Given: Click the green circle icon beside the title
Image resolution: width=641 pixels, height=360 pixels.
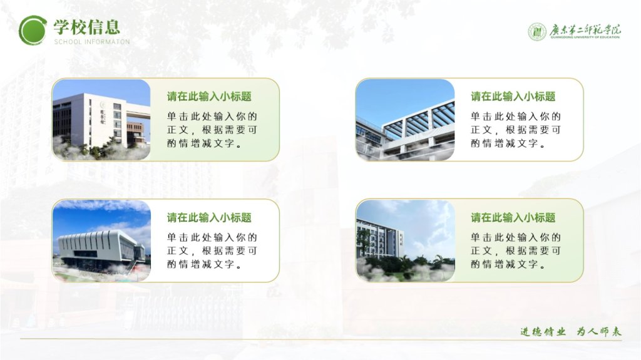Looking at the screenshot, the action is (x=33, y=30).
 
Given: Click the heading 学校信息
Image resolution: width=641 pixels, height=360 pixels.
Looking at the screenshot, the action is (x=86, y=27).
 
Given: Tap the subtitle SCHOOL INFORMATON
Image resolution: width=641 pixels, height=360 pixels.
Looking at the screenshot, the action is (x=92, y=42).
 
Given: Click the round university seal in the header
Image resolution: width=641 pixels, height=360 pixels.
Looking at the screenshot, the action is (x=536, y=32).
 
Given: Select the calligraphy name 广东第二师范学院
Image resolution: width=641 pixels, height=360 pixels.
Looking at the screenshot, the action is (x=585, y=31).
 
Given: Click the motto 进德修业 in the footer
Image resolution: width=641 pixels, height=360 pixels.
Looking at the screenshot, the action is (x=543, y=331).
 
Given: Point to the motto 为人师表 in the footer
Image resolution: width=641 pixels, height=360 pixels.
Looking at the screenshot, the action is (x=599, y=331).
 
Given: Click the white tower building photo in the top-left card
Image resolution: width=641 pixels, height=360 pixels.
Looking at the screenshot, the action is (x=101, y=120).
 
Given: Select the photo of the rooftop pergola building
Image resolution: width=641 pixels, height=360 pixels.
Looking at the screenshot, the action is (x=405, y=120).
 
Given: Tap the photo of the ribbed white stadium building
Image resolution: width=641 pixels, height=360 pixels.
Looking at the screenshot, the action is (x=101, y=240).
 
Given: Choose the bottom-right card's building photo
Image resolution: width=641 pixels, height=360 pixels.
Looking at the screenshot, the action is (x=405, y=240).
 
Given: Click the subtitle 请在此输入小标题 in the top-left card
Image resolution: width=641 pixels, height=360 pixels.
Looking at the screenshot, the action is (x=209, y=96).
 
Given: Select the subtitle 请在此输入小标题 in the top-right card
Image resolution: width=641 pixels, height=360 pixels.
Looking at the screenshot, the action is (x=513, y=96).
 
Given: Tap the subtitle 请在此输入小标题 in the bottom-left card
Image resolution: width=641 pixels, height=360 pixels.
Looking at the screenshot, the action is (x=209, y=218).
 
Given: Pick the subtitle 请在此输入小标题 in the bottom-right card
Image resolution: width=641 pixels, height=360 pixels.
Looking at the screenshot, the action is (x=513, y=218).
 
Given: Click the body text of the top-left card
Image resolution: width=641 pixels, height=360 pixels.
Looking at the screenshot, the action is (x=212, y=130).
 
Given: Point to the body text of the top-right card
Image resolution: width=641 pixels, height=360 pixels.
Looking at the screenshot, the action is (x=516, y=130).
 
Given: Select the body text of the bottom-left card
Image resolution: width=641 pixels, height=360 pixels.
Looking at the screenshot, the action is (x=212, y=251).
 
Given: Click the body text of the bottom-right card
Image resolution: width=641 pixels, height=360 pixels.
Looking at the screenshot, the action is (x=516, y=251).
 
